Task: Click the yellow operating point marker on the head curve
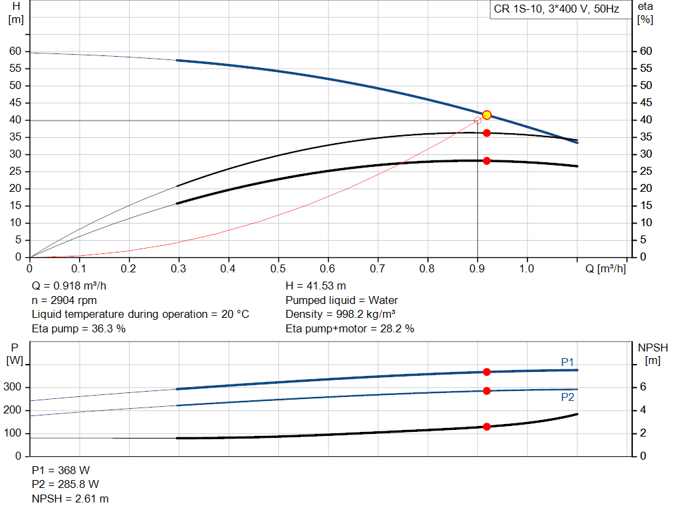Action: tap(486, 115)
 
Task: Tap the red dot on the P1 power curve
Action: tap(486, 372)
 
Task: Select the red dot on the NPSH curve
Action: tap(486, 427)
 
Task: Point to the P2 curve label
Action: tap(568, 398)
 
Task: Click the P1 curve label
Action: tap(568, 362)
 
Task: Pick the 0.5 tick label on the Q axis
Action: tap(278, 269)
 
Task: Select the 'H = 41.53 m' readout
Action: tap(316, 286)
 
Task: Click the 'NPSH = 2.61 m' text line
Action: tap(71, 499)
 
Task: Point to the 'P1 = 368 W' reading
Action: tap(61, 471)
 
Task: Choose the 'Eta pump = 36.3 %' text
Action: tap(78, 328)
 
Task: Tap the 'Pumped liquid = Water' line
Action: tap(341, 300)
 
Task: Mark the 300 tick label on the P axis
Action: tap(14, 387)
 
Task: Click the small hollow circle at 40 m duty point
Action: tap(478, 121)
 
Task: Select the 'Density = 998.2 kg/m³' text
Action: tap(340, 314)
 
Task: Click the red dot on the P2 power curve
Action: tap(486, 391)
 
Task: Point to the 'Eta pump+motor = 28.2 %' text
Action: tap(349, 328)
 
